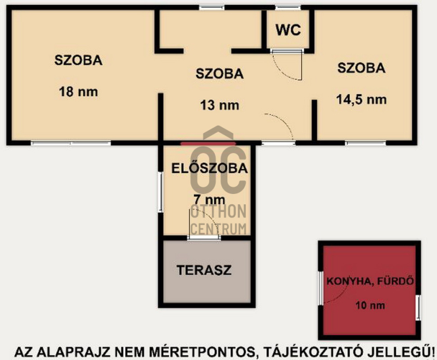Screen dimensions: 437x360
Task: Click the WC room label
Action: pyautogui.click(x=288, y=30)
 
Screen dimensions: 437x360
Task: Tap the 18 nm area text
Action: pyautogui.click(x=79, y=92)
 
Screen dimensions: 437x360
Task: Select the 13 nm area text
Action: pyautogui.click(x=220, y=105)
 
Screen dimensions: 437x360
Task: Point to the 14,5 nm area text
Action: pyautogui.click(x=362, y=99)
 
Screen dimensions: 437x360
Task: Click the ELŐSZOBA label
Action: pyautogui.click(x=209, y=168)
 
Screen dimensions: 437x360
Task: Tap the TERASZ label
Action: pyautogui.click(x=204, y=270)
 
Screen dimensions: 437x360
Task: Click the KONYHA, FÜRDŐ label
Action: pyautogui.click(x=370, y=281)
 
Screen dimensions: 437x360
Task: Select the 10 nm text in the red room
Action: pyautogui.click(x=370, y=305)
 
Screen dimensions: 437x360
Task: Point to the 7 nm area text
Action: pyautogui.click(x=209, y=200)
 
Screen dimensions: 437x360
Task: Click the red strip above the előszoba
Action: pyautogui.click(x=208, y=144)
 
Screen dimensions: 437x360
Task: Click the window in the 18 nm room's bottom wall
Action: pyautogui.click(x=71, y=143)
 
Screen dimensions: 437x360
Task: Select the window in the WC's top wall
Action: pyautogui.click(x=288, y=8)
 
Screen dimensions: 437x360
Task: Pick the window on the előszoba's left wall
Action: pyautogui.click(x=160, y=192)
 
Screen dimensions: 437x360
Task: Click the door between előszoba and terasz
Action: pyautogui.click(x=204, y=238)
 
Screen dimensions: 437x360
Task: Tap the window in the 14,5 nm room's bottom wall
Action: pyautogui.click(x=365, y=143)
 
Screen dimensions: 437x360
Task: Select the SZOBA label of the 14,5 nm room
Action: pyautogui.click(x=362, y=68)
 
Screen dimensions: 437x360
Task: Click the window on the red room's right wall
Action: pyautogui.click(x=418, y=308)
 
